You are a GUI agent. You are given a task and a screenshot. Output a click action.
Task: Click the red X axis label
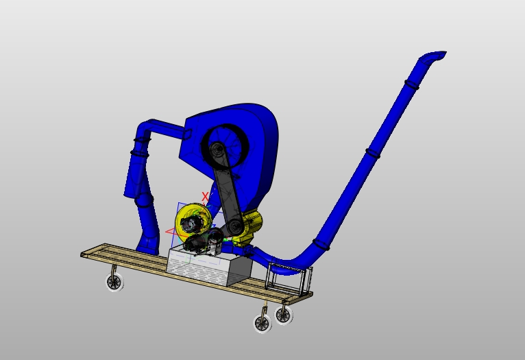coord(205,197)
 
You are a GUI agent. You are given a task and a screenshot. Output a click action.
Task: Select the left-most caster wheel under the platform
coord(114,282)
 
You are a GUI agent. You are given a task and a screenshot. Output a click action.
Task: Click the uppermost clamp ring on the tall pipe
coord(411,85)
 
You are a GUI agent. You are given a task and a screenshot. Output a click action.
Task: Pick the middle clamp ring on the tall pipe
coord(372,153)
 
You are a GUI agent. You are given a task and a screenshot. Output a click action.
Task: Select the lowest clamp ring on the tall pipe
coord(321,243)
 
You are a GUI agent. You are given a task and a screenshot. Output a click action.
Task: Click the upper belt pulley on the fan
coord(217,149)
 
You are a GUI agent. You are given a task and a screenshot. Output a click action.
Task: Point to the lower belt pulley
coord(235,226)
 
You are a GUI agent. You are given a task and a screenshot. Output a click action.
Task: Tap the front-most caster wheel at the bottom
coord(262,323)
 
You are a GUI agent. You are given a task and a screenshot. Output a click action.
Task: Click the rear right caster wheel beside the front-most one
coord(283,315)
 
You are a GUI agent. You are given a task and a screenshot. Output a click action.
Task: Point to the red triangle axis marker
coord(171,232)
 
